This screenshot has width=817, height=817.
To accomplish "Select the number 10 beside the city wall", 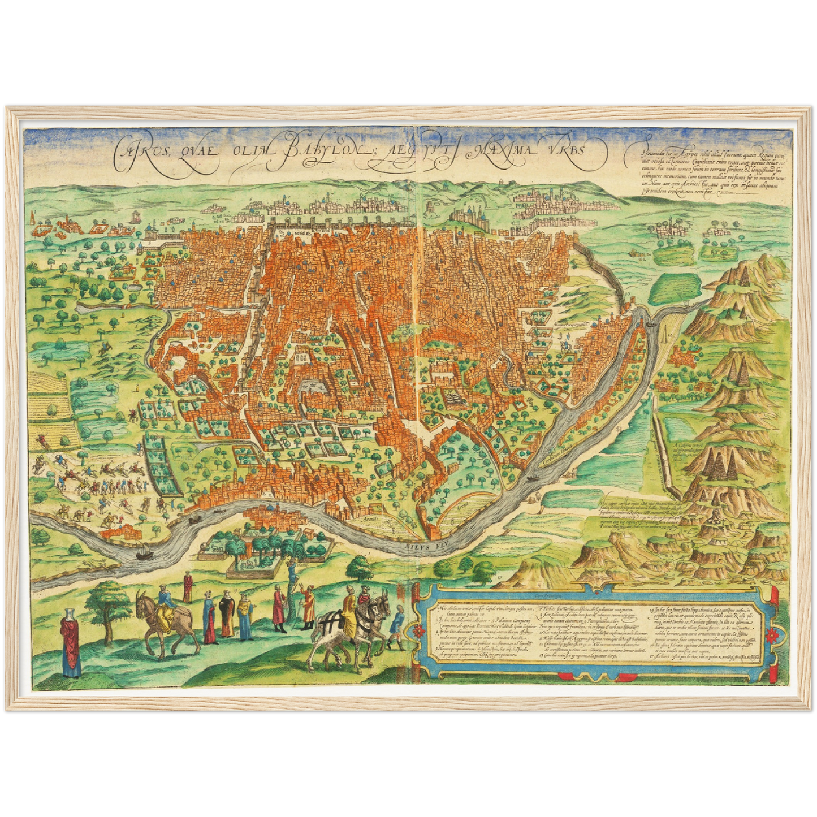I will coord(628,294).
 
